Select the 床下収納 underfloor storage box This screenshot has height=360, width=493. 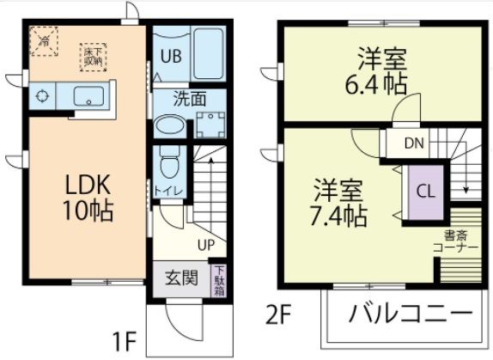tap(92, 55)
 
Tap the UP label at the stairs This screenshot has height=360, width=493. tap(206, 243)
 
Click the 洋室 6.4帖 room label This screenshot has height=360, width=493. tap(382, 73)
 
